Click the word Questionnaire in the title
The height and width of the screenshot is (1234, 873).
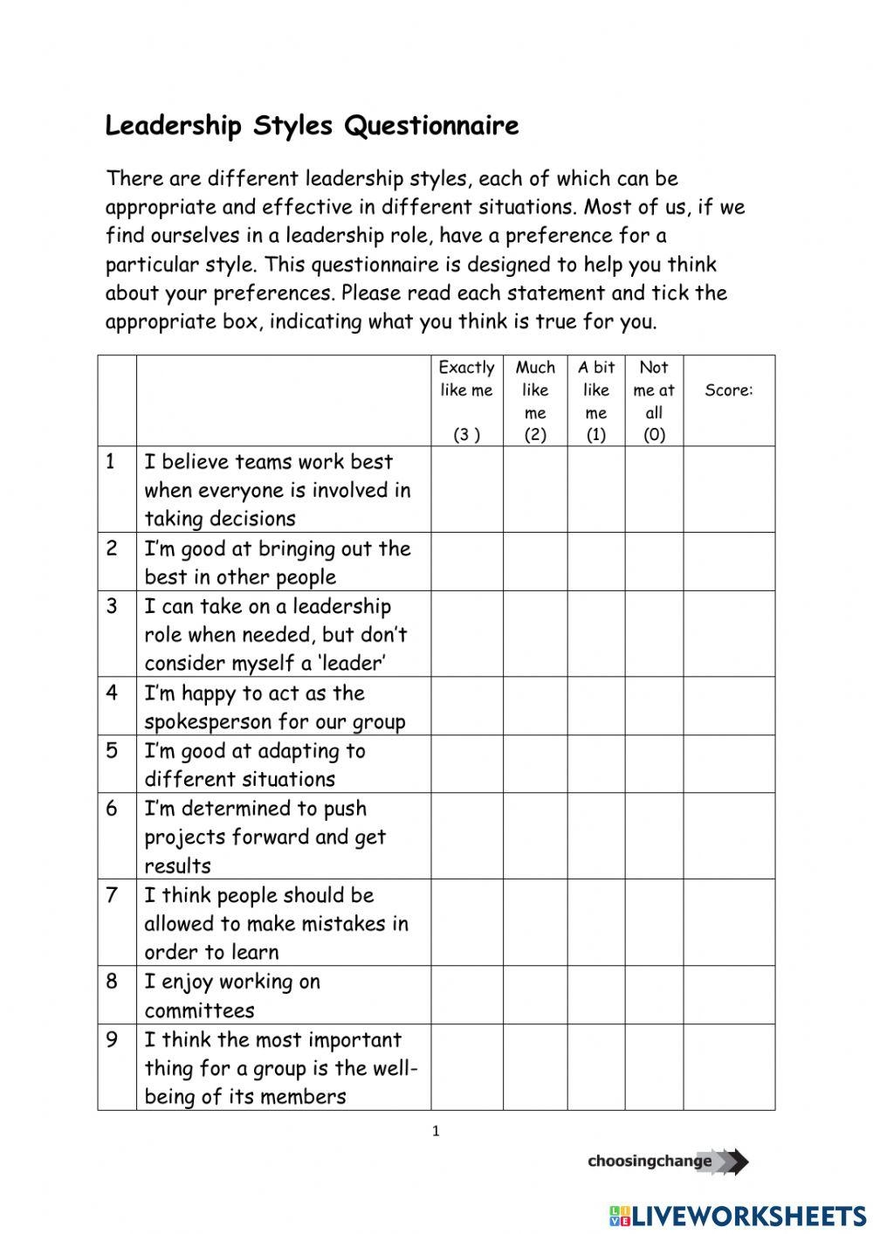click(431, 126)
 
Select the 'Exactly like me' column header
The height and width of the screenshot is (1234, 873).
click(466, 401)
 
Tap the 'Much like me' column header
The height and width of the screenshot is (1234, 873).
click(535, 401)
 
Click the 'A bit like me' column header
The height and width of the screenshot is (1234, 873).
click(596, 401)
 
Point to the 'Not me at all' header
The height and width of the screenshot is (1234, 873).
click(654, 401)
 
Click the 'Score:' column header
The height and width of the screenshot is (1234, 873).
click(729, 390)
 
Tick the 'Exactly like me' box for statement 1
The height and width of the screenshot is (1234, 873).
click(466, 490)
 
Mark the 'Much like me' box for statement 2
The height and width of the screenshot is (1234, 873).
click(535, 562)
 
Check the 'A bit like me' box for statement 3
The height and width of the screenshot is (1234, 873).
click(596, 634)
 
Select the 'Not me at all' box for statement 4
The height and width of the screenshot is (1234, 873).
click(654, 707)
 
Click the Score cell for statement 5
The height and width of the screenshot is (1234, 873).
click(729, 764)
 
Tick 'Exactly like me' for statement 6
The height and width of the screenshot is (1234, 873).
click(466, 837)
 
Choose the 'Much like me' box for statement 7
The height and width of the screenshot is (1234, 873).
click(535, 922)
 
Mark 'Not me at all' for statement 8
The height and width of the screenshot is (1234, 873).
click(654, 995)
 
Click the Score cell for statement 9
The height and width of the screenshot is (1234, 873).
click(729, 1067)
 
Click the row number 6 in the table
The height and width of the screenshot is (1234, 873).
click(112, 809)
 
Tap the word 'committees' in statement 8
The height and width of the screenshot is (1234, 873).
click(199, 1010)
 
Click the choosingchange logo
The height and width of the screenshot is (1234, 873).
click(668, 1162)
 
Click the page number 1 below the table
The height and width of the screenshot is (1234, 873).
click(436, 1132)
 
